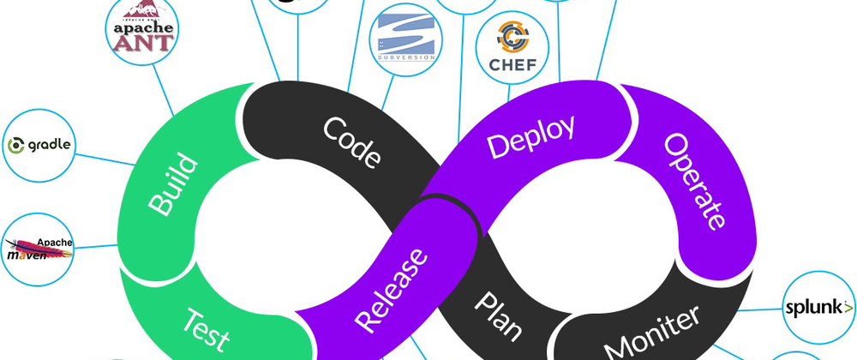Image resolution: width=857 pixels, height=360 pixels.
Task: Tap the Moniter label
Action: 652,330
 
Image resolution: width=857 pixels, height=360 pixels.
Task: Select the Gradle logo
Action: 39,145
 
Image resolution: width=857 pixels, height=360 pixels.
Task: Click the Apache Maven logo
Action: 39,249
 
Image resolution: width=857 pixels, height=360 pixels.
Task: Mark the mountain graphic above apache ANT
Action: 143,9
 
